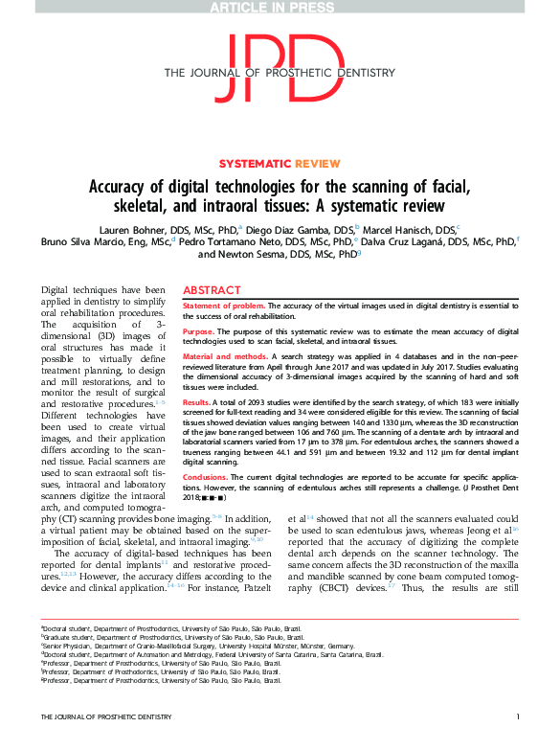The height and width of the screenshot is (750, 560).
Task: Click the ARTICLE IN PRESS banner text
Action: pyautogui.click(x=280, y=8)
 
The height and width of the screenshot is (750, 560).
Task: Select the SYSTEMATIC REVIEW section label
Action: pyautogui.click(x=279, y=164)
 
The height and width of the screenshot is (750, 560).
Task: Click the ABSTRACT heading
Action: pyautogui.click(x=213, y=289)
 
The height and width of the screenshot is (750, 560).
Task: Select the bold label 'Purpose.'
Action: pyautogui.click(x=199, y=331)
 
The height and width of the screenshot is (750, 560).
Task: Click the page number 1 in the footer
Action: pyautogui.click(x=517, y=742)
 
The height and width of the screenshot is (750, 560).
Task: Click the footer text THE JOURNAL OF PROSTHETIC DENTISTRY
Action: pyautogui.click(x=96, y=742)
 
